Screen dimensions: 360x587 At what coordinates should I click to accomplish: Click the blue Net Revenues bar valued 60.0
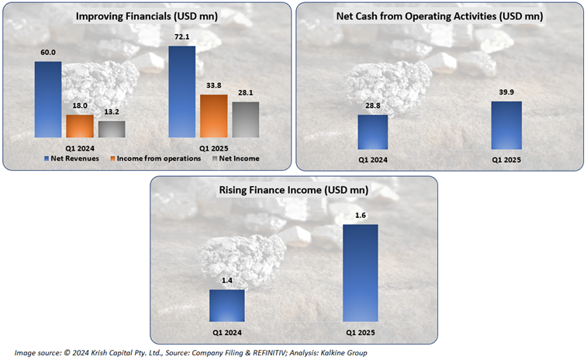[47, 99]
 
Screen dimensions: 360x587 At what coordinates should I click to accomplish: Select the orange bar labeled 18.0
[79, 126]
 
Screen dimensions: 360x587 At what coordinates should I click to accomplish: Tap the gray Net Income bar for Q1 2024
[111, 129]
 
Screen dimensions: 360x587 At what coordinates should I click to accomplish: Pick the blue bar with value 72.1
[182, 92]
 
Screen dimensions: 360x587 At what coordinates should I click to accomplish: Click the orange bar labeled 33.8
[214, 116]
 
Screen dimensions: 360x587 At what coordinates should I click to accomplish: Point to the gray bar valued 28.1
[246, 119]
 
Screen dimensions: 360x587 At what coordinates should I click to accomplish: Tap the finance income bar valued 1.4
[227, 305]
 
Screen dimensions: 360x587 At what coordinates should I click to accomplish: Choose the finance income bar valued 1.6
[361, 272]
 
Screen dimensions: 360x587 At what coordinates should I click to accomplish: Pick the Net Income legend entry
[239, 158]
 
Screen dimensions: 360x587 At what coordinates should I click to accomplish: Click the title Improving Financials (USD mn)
[147, 16]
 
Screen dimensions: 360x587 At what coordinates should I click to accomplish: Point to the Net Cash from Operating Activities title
[440, 16]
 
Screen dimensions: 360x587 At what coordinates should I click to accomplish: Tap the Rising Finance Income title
[294, 190]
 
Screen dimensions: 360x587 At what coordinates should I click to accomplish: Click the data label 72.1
[182, 38]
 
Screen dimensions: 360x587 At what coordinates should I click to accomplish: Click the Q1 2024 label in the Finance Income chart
[227, 334]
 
